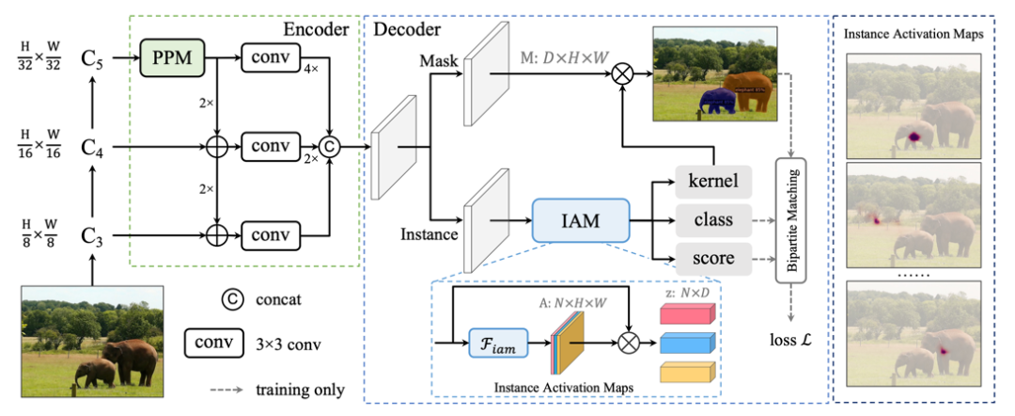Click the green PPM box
pos(171,58)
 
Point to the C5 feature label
pos(91,58)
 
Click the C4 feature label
pos(91,147)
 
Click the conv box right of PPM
pos(271,58)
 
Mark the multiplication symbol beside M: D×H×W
pos(620,72)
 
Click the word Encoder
pos(316,29)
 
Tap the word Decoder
pos(412,29)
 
